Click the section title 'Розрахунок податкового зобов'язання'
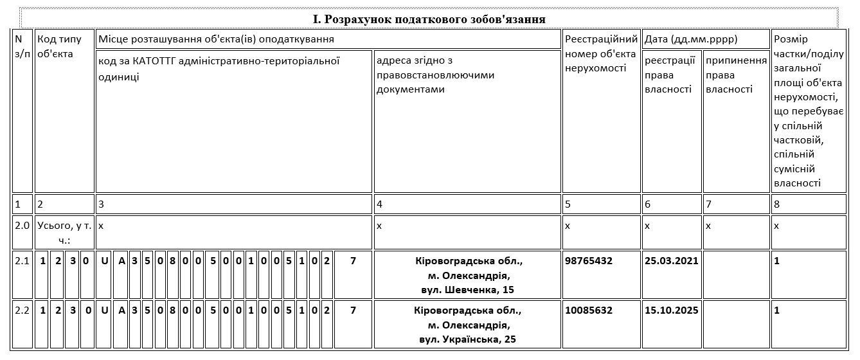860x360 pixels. pos(429,19)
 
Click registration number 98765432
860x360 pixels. pos(588,262)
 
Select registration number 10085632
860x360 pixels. pos(588,310)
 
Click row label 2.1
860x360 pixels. pos(22,262)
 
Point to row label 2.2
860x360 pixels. pos(22,310)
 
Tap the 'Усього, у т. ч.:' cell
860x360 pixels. pos(64,232)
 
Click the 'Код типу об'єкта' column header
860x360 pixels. pos(60,46)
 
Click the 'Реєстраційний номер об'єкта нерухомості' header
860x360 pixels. pos(601,54)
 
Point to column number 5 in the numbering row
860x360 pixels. pos(568,204)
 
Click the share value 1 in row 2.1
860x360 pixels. pos(777,262)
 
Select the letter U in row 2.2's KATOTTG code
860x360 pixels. pos(105,310)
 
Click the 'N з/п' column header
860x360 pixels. pos(22,46)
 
